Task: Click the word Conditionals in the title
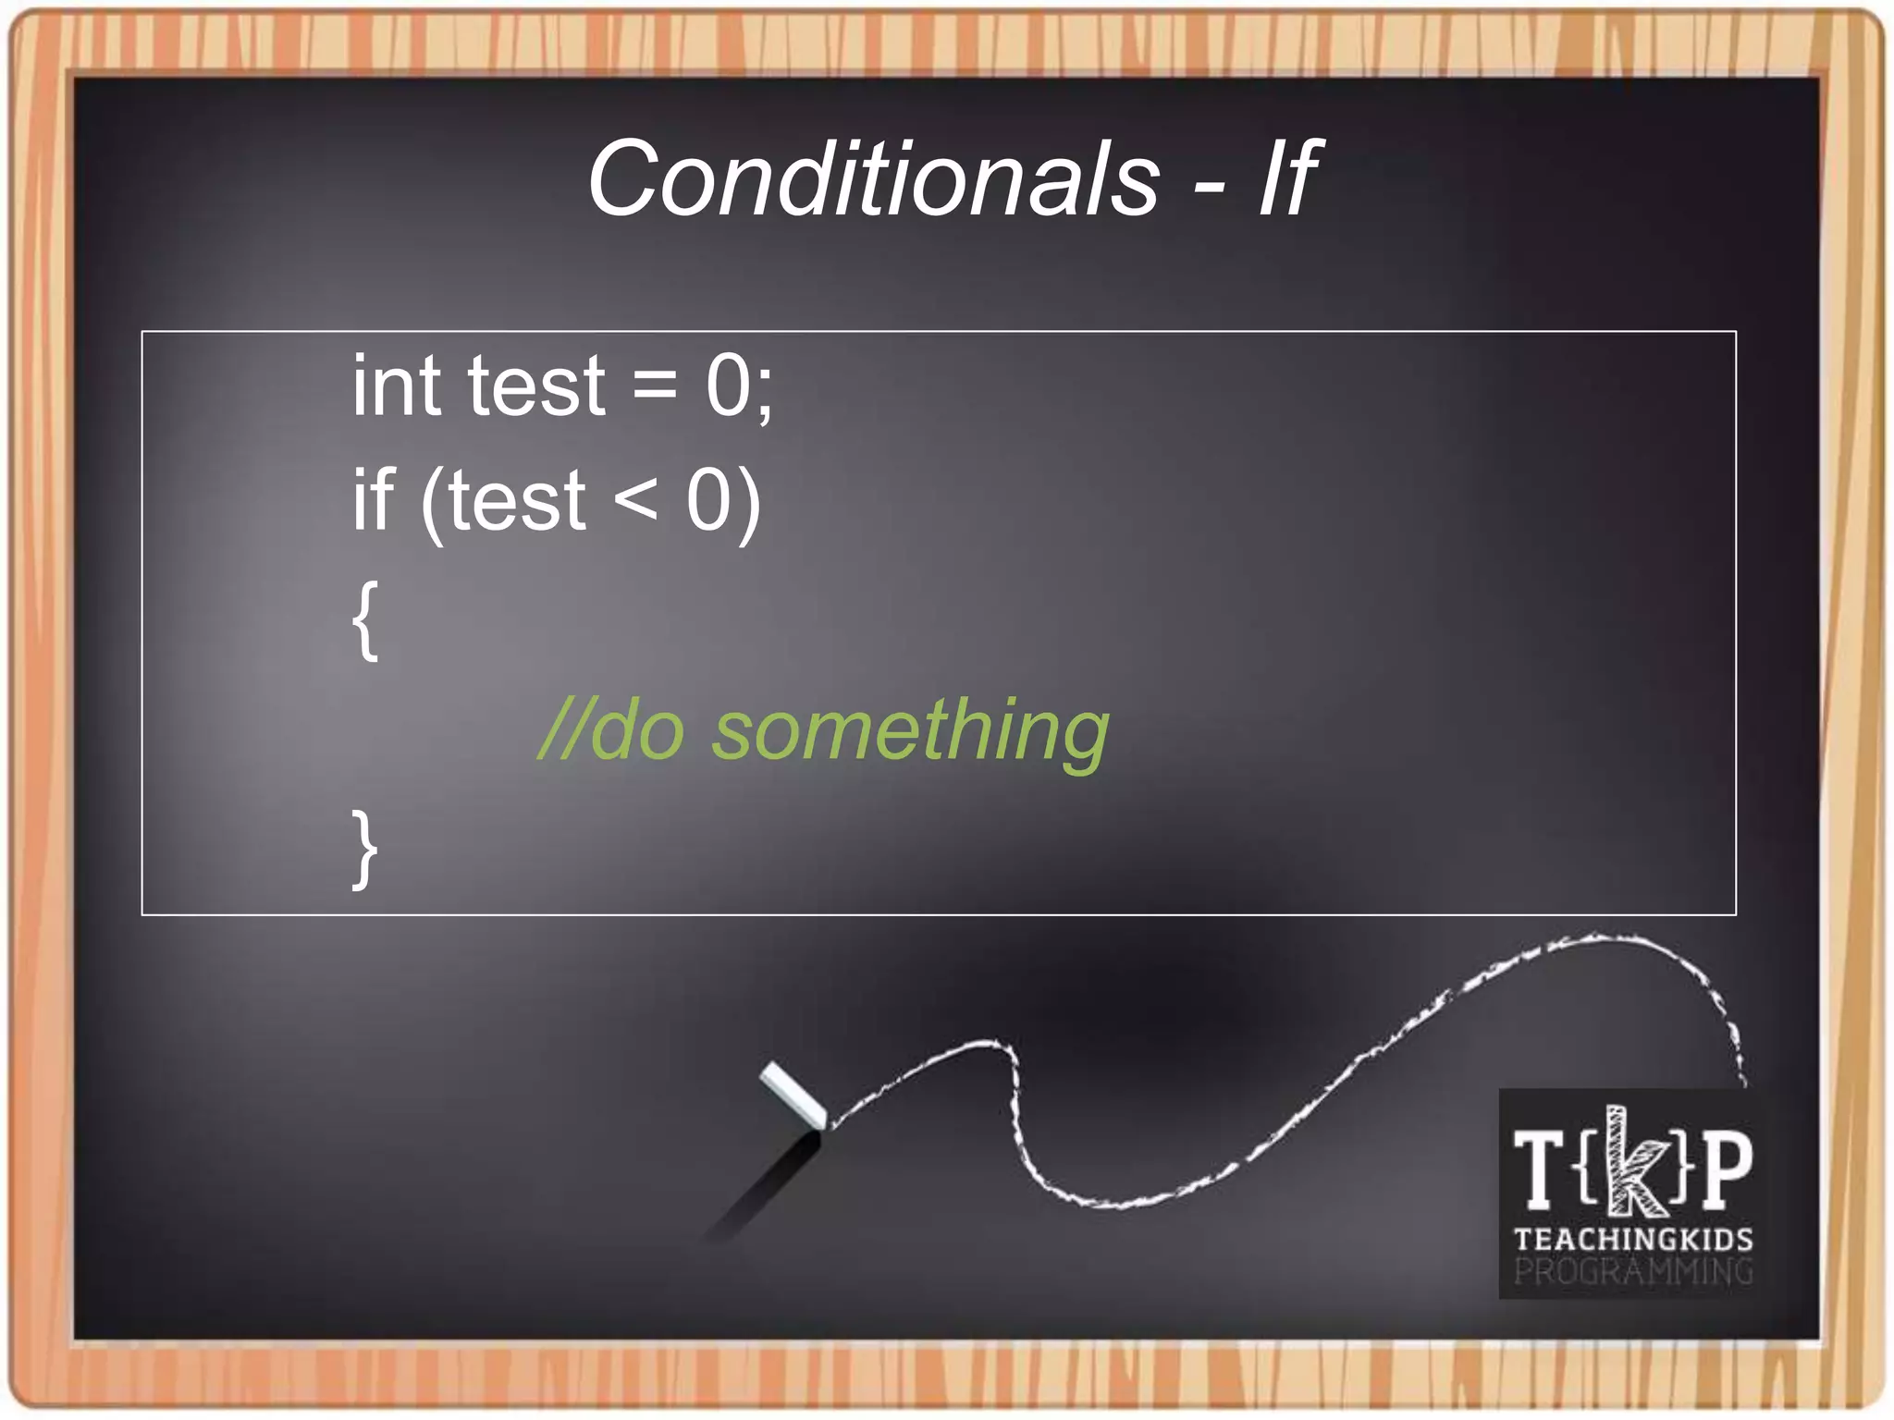[x=873, y=178]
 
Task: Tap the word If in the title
[x=1287, y=178]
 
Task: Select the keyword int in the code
[x=396, y=386]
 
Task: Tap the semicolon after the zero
[x=764, y=393]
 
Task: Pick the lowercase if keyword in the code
[x=374, y=499]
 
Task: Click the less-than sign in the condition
[x=635, y=501]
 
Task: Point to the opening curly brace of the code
[x=366, y=620]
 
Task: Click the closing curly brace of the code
[x=364, y=849]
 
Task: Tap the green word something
[x=910, y=732]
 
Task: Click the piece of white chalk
[x=793, y=1096]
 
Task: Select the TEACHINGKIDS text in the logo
[x=1633, y=1239]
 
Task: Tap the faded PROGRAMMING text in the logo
[x=1633, y=1272]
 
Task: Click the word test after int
[x=536, y=386]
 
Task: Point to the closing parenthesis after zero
[x=748, y=503]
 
